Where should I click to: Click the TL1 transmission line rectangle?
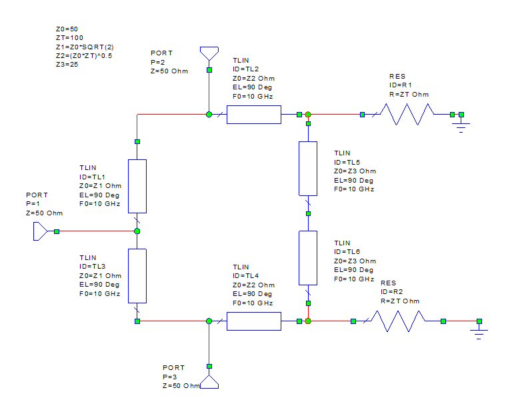click(137, 185)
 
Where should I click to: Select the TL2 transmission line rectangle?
click(254, 115)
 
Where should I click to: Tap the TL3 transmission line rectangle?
click(137, 275)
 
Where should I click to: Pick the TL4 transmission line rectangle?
click(254, 321)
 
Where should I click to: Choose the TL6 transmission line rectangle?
click(308, 257)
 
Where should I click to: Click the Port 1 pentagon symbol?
click(41, 231)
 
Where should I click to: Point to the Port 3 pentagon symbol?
click(209, 382)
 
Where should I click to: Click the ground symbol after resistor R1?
click(461, 125)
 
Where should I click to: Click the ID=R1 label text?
click(401, 85)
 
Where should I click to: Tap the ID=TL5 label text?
click(347, 162)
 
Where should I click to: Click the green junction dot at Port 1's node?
click(137, 231)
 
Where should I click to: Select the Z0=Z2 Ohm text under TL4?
click(253, 285)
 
